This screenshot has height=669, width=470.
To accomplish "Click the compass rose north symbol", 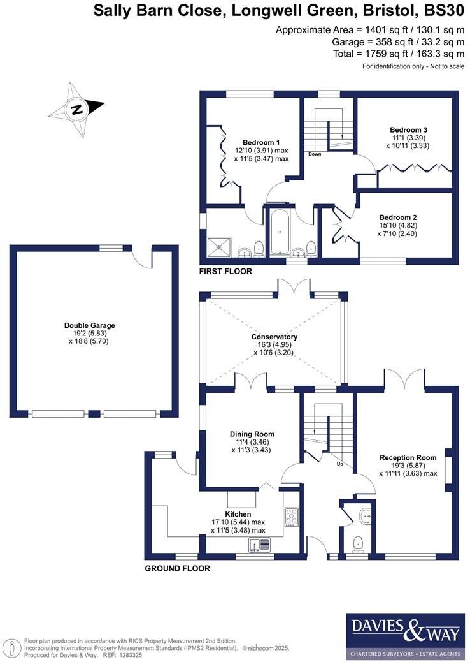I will point(77,109).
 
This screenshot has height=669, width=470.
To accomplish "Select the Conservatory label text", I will point(274,337).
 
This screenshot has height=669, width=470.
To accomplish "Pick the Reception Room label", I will point(408,457).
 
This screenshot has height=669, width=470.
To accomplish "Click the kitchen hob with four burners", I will point(291,515).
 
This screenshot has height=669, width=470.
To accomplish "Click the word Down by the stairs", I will point(314,154).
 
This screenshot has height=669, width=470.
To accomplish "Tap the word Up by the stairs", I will point(339,464).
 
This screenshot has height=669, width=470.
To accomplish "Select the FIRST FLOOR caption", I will point(225,271).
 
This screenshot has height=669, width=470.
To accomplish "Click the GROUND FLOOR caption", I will point(177,568).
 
